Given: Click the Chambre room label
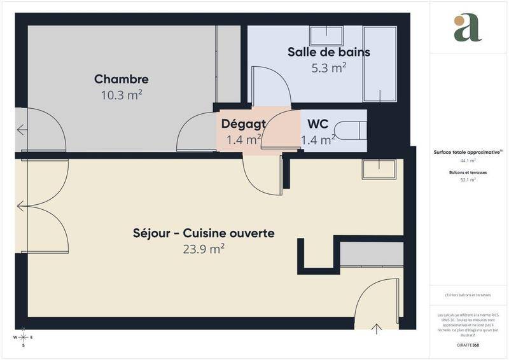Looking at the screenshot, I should [x=122, y=80].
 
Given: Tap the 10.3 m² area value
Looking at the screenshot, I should [x=122, y=95].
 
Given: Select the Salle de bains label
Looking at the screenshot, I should [x=328, y=52].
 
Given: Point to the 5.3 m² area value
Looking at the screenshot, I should [x=328, y=67].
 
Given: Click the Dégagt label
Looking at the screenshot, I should [x=243, y=123].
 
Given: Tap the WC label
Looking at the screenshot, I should [x=317, y=123].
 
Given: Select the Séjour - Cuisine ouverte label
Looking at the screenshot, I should [x=204, y=233].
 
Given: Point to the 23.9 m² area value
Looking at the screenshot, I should [x=204, y=249].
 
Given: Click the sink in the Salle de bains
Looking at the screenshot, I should [x=326, y=36].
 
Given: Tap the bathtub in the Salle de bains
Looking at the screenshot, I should [x=380, y=64].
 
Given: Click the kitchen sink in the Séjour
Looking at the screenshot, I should [x=379, y=169].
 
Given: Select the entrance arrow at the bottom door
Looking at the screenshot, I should [x=377, y=328].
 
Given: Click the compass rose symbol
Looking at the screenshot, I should [x=24, y=336].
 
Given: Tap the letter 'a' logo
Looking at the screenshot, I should [x=468, y=28].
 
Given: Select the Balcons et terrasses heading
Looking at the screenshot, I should [x=468, y=172].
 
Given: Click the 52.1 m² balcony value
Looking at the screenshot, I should [x=468, y=180].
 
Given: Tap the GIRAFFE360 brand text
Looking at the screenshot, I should [x=468, y=345].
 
